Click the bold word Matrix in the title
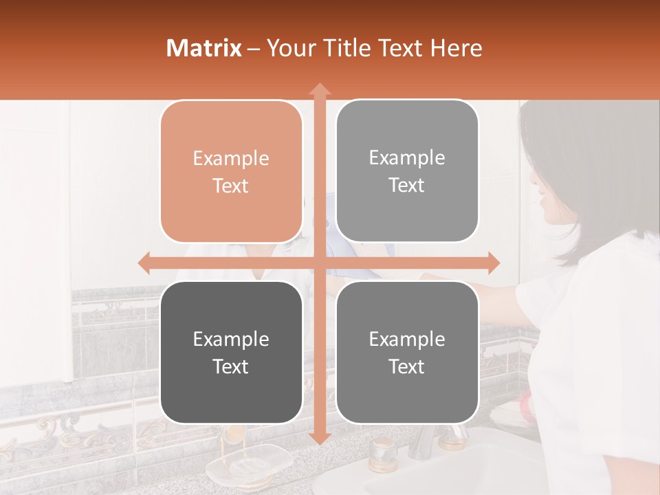click(x=204, y=48)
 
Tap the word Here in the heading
click(x=456, y=48)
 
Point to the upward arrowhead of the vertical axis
click(x=319, y=89)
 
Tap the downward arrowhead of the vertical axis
click(x=319, y=438)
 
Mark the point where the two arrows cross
click(x=319, y=263)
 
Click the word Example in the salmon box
click(x=231, y=159)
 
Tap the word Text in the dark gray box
click(x=231, y=366)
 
